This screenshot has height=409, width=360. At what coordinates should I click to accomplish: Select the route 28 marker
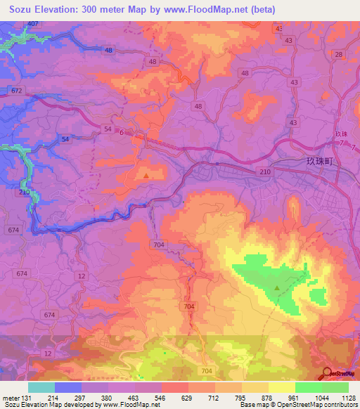(x=339, y=54)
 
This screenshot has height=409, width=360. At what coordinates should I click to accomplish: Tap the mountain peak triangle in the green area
(x=277, y=287)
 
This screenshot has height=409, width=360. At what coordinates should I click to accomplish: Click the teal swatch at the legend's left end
(x=41, y=387)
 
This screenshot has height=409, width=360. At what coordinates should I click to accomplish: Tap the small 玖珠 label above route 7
(x=341, y=134)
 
